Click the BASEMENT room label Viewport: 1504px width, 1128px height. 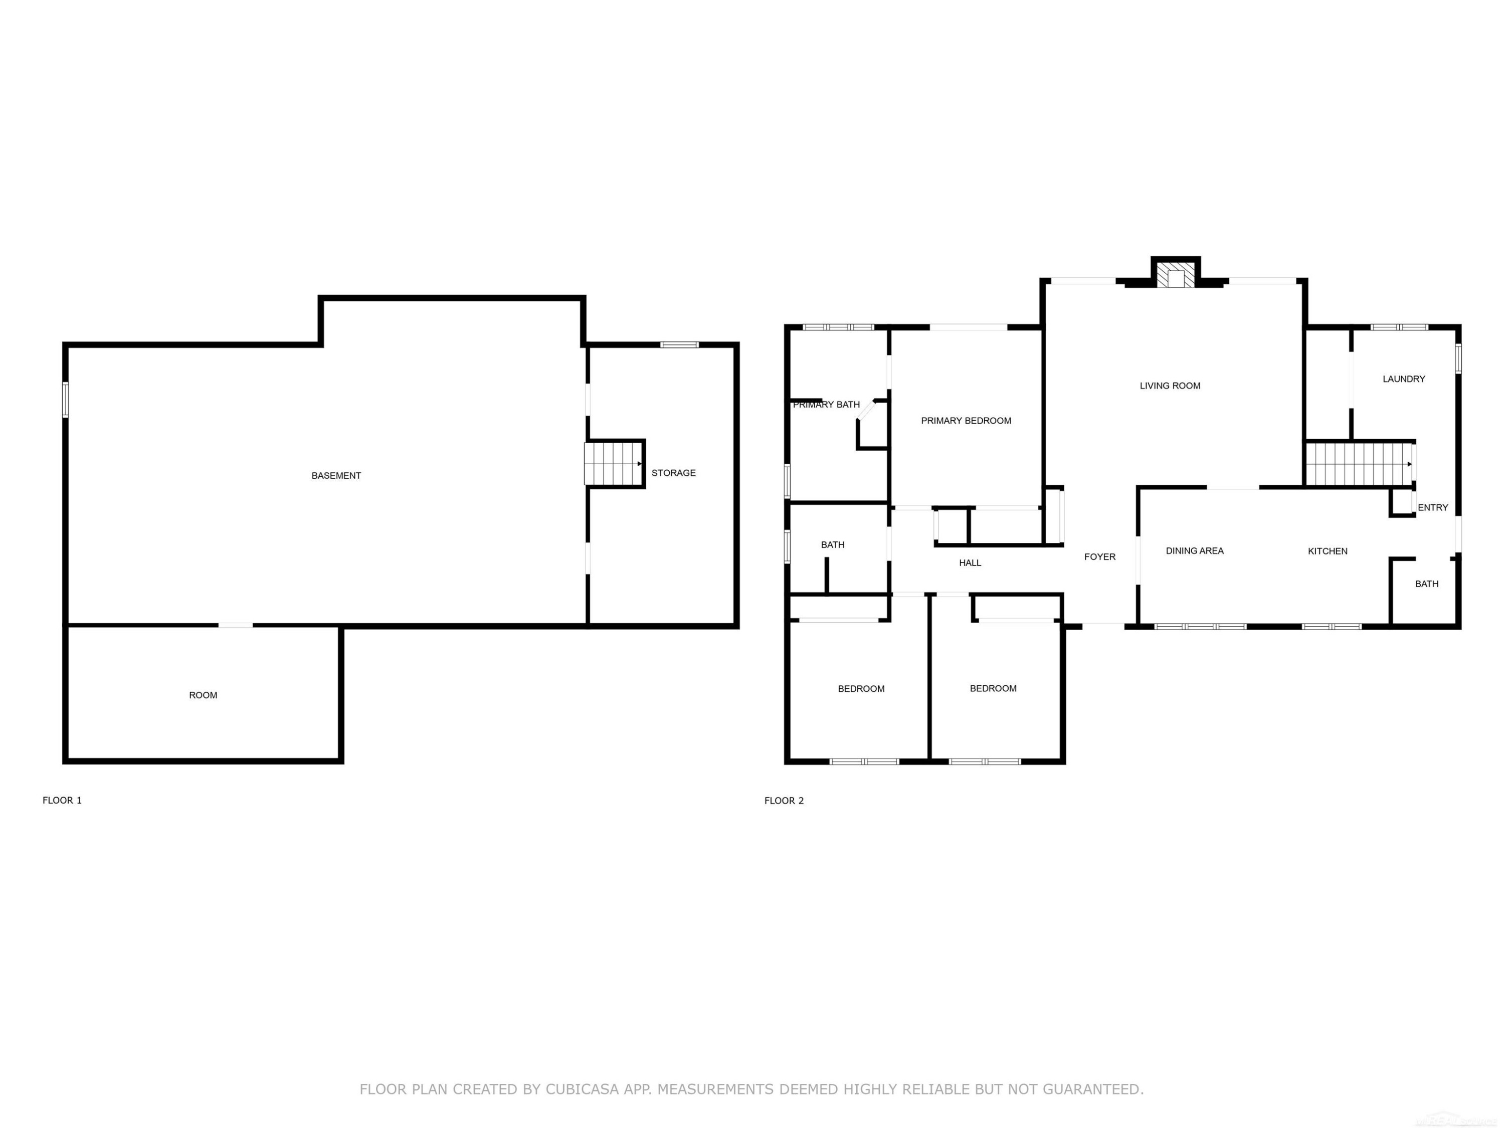[336, 475]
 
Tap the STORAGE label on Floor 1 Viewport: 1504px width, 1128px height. [673, 473]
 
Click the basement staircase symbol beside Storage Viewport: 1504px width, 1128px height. [613, 464]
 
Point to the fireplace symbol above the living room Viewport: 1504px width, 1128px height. [1176, 274]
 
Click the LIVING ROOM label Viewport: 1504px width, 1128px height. [1170, 386]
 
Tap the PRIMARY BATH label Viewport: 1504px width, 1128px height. [826, 405]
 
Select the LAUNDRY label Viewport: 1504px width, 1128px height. [1403, 379]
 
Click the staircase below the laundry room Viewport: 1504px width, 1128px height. [1360, 464]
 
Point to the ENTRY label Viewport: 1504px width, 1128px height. [1433, 507]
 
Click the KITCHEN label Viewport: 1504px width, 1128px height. [1327, 551]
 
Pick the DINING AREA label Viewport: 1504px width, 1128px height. [1195, 551]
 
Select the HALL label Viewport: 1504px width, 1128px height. [970, 563]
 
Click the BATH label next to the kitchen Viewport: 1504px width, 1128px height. [1426, 584]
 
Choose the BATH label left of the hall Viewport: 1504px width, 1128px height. [832, 544]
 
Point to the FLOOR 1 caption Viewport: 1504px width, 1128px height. [62, 800]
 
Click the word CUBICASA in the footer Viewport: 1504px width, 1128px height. [582, 1089]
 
